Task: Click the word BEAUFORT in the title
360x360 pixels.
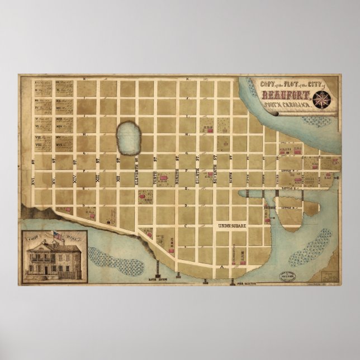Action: (285, 96)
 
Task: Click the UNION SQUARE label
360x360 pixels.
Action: (231, 226)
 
